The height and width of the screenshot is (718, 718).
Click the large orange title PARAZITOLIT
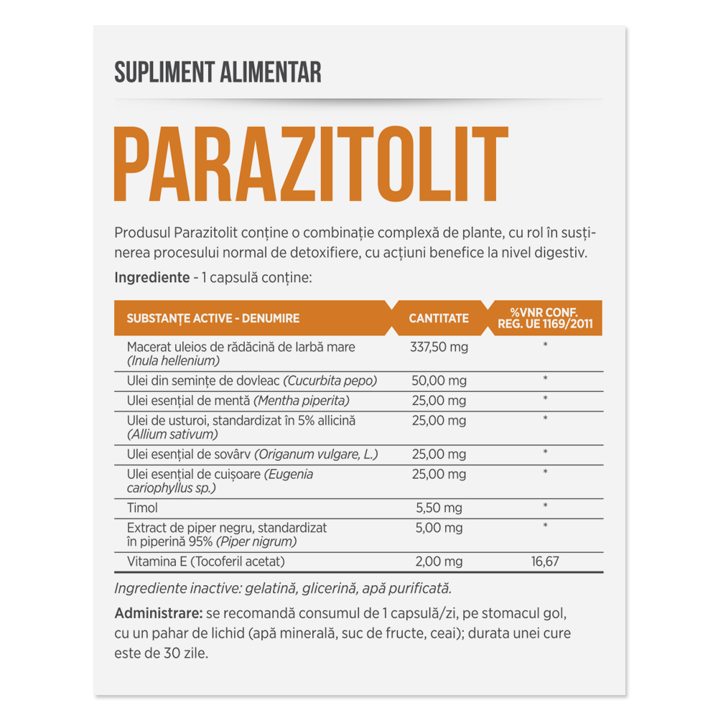pos(311,166)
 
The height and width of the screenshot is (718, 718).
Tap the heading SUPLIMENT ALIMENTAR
pos(218,72)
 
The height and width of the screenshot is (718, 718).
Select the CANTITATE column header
pos(439,318)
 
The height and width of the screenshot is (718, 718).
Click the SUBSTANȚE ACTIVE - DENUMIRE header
pos(213,318)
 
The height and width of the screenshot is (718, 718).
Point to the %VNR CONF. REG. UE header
pos(545,318)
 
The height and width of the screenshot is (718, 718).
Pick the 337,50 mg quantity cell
pos(438,348)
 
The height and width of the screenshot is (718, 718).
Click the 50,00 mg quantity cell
pos(438,381)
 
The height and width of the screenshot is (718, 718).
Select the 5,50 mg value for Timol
pos(439,508)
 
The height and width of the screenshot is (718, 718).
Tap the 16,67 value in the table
pos(545,561)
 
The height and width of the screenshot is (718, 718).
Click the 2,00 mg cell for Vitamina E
pos(438,561)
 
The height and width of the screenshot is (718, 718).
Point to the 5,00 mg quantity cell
pos(439,528)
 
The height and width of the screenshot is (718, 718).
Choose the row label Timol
pos(142,508)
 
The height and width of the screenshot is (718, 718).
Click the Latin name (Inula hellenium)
pos(172,360)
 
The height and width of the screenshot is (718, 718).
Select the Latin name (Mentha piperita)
pos(301,400)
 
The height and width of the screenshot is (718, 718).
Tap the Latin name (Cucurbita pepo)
pos(330,381)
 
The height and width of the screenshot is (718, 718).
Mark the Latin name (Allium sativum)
pos(172,434)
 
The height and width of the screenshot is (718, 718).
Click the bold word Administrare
pos(158,615)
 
